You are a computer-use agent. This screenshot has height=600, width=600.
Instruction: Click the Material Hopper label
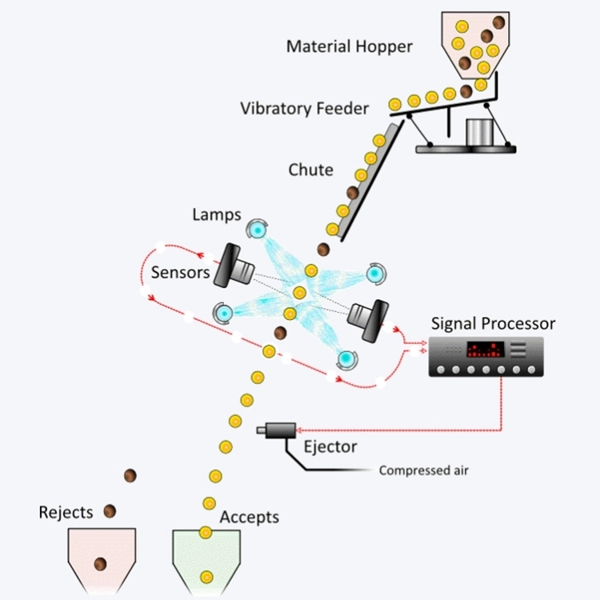coord(350,46)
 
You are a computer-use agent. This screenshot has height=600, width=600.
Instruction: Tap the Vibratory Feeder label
coord(305,108)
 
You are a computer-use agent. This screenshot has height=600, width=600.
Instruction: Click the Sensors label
coord(180,273)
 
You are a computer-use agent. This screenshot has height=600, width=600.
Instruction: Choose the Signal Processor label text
coord(493,324)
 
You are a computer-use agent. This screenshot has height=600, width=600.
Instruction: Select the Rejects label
coord(66,512)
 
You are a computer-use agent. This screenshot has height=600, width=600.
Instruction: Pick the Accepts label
coord(250,517)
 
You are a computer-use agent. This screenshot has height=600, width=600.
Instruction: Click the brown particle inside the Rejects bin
coord(101,563)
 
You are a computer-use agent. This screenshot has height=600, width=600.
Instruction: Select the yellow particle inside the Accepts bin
coord(206,575)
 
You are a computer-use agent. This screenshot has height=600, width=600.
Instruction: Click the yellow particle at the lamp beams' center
coord(299,293)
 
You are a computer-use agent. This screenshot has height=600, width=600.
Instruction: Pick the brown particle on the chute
coord(352,193)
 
